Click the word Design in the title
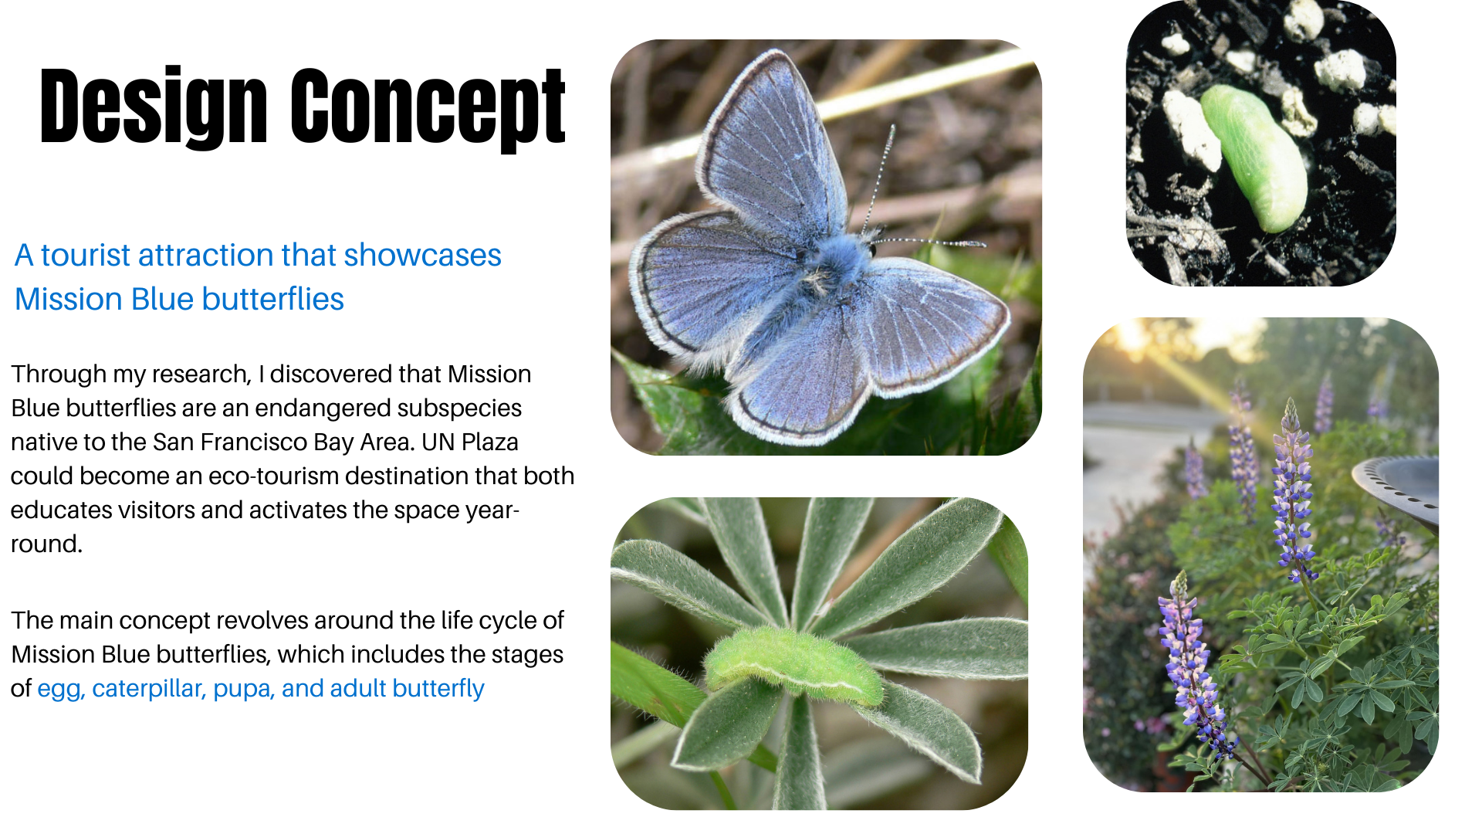153,107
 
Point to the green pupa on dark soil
1254,157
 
